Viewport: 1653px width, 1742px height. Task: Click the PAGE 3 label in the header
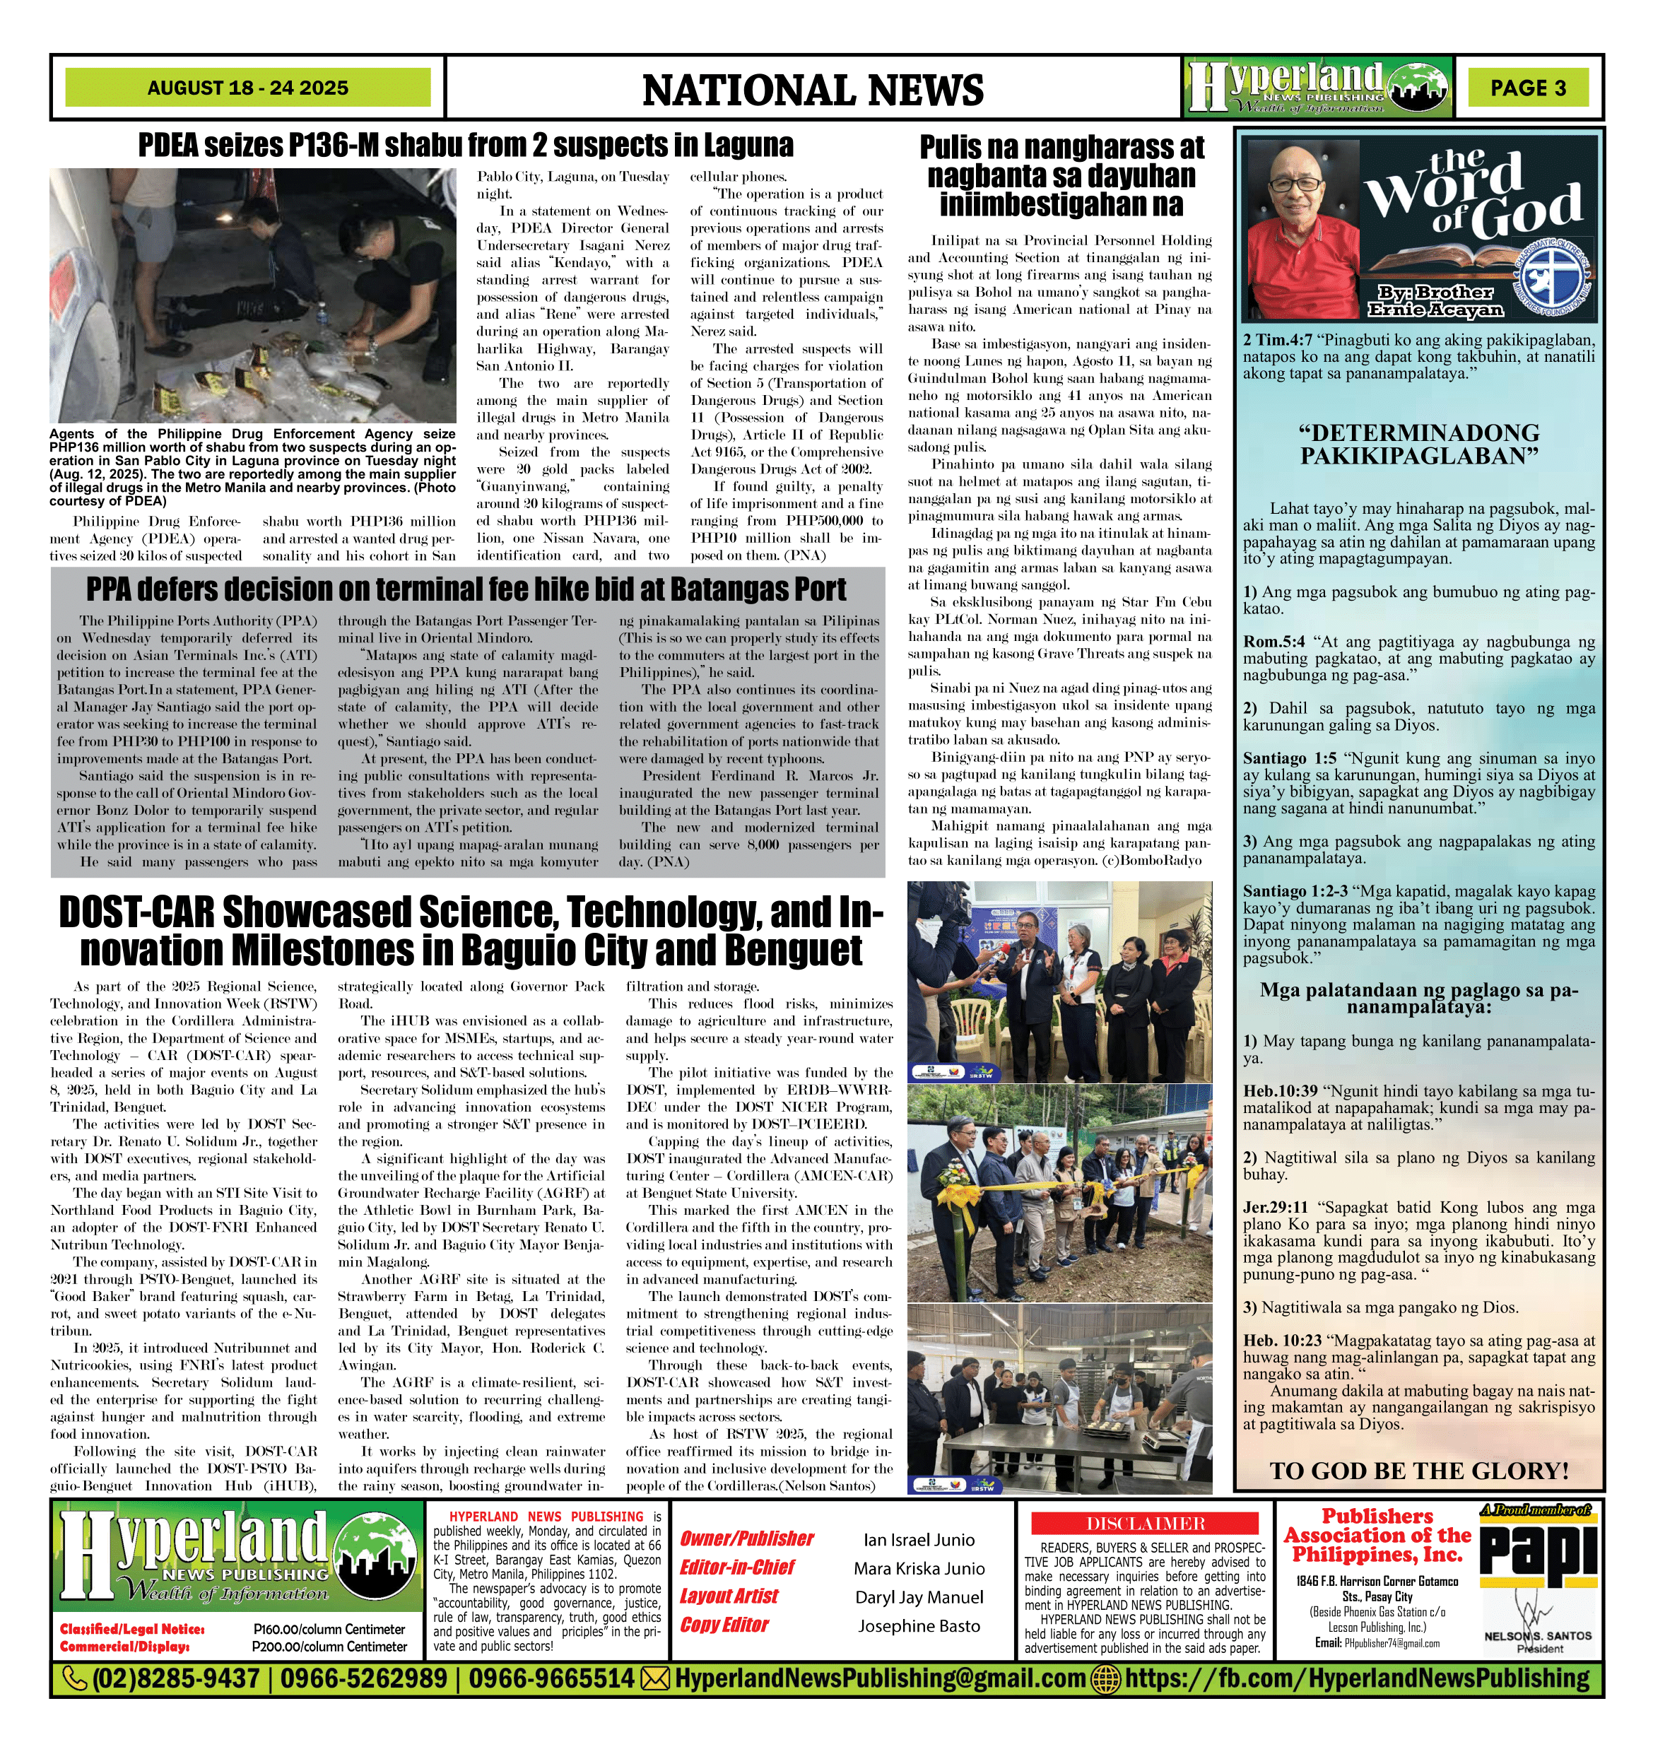coord(1528,88)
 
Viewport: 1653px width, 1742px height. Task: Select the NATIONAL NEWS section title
coord(813,90)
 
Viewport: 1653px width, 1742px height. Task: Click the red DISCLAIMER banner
coord(1145,1524)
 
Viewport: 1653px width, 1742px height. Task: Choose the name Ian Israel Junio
coord(919,1539)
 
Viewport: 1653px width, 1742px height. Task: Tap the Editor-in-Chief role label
coord(736,1567)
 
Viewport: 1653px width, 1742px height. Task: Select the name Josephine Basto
coord(919,1625)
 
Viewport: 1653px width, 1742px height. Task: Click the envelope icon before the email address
coord(654,1678)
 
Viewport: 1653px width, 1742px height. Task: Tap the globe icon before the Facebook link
coord(1106,1678)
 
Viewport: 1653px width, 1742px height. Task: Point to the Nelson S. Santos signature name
coord(1538,1635)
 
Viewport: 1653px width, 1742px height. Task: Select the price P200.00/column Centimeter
coord(329,1646)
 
